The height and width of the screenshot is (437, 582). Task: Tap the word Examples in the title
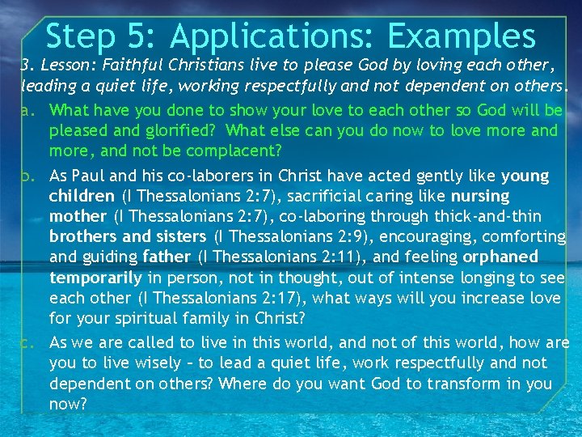(x=462, y=36)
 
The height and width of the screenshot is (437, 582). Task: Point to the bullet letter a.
(x=29, y=110)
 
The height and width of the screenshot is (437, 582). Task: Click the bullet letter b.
(x=29, y=176)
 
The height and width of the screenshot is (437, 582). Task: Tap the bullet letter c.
(x=29, y=343)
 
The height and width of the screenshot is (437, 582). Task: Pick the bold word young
(x=525, y=176)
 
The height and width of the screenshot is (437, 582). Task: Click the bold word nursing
(x=480, y=196)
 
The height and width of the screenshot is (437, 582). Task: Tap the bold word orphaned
(x=500, y=257)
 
